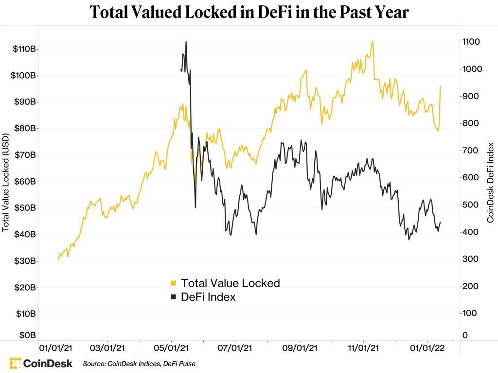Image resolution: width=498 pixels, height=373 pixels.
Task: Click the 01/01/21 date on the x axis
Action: [x=56, y=348]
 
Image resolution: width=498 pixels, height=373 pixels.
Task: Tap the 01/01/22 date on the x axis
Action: [x=427, y=348]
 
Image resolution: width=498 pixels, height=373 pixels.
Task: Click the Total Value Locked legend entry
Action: [x=230, y=283]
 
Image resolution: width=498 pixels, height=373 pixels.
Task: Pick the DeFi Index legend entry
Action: [x=208, y=297]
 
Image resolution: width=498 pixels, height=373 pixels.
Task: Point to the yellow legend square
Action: [x=173, y=283]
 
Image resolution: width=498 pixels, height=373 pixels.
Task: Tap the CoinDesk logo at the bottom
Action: [x=41, y=363]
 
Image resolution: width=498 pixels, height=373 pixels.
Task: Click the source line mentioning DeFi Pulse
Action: [x=139, y=363]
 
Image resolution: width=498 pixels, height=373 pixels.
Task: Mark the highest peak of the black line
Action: [x=186, y=41]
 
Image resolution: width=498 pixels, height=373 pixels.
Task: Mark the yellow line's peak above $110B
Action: [x=372, y=41]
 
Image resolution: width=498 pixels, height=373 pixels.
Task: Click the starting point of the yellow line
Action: [x=58, y=259]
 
